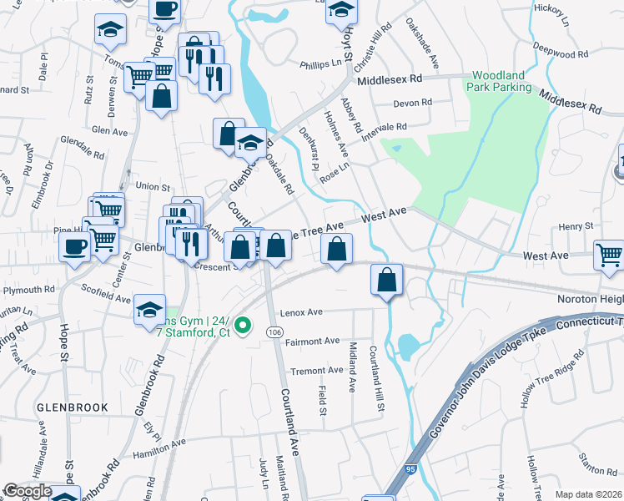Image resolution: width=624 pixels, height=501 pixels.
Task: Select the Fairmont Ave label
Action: pyautogui.click(x=313, y=341)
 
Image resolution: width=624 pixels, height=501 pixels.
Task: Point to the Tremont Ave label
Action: pyautogui.click(x=316, y=370)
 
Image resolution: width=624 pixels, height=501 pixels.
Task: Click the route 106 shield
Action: pyautogui.click(x=274, y=332)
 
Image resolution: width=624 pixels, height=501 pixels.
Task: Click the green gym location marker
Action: pyautogui.click(x=243, y=325)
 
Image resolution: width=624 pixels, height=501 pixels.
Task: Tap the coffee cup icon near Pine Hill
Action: pyautogui.click(x=75, y=247)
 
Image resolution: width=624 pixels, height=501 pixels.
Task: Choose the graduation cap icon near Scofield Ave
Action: pyautogui.click(x=149, y=311)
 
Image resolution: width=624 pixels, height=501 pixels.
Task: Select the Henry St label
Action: pyautogui.click(x=576, y=225)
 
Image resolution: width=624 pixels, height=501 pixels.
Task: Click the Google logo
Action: pyautogui.click(x=27, y=491)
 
